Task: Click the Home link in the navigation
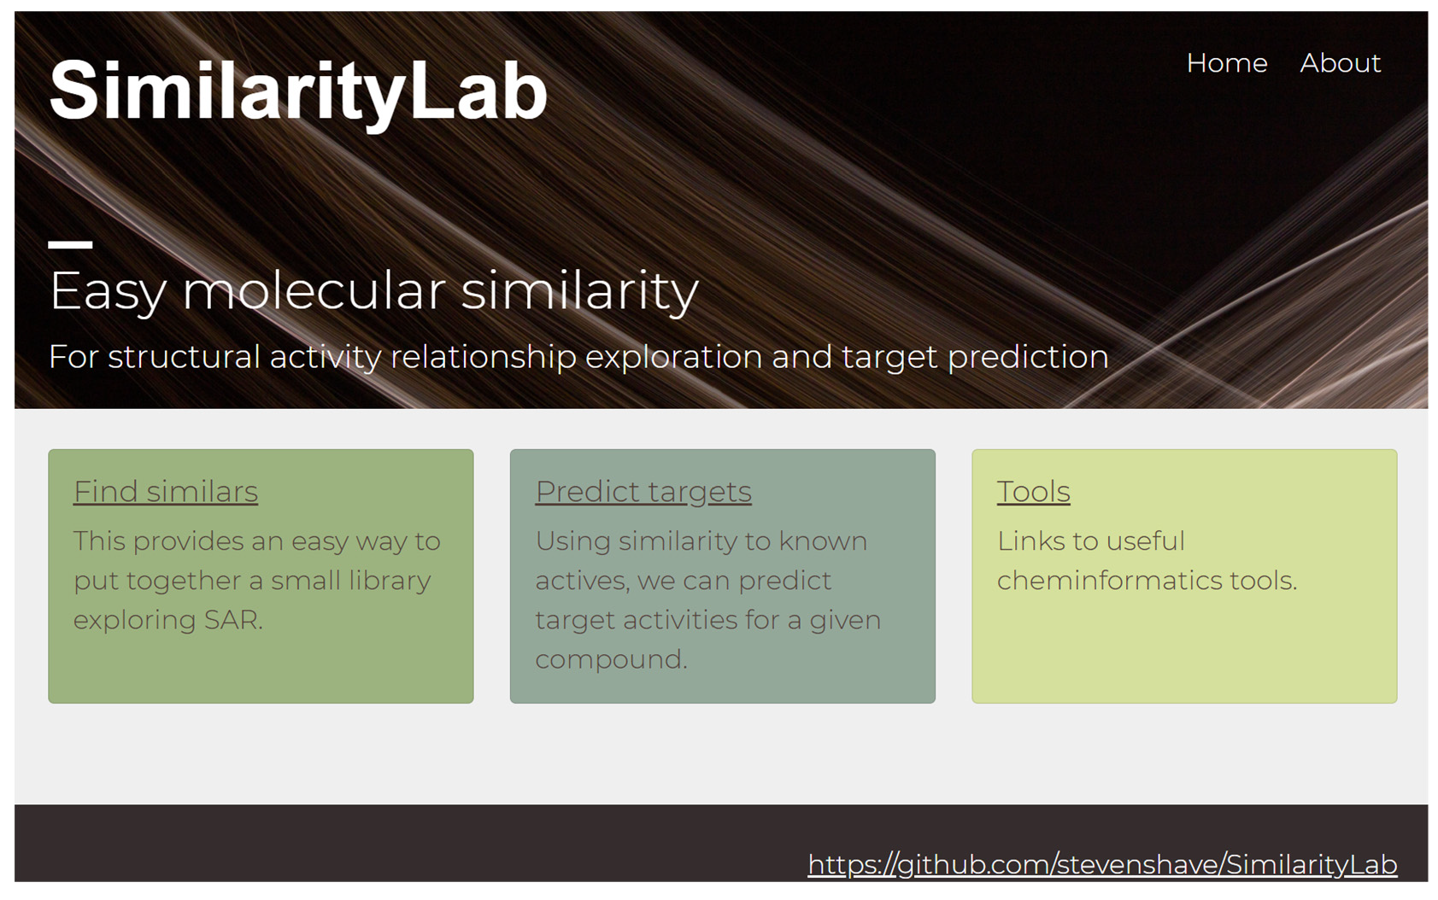(x=1227, y=63)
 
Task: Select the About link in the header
(x=1341, y=63)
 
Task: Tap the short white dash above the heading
(x=71, y=244)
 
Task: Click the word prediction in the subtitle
(x=1028, y=357)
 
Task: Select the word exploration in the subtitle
(x=673, y=357)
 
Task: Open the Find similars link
(x=166, y=492)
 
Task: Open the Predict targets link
(x=643, y=493)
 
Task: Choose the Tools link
(x=1034, y=492)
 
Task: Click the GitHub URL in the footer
(x=1102, y=865)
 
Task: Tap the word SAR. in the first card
(x=233, y=620)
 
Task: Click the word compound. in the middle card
(x=611, y=660)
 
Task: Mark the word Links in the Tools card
(x=1029, y=541)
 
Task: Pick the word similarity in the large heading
(x=579, y=290)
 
